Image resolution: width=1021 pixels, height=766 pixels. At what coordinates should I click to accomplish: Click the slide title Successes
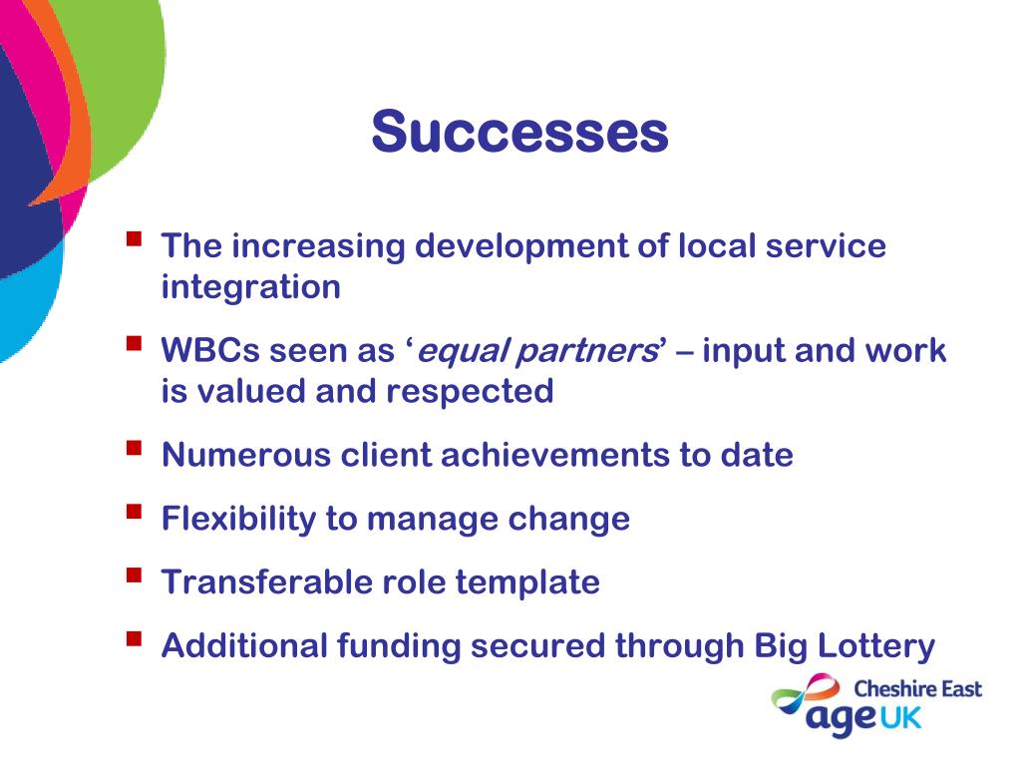[519, 131]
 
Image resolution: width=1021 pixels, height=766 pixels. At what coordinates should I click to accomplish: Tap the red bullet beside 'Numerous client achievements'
[135, 448]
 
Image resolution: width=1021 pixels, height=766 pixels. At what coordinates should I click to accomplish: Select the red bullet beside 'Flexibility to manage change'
[135, 512]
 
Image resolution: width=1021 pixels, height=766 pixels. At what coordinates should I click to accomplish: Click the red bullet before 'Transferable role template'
[135, 574]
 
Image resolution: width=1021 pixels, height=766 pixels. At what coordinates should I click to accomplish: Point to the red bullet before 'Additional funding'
[135, 638]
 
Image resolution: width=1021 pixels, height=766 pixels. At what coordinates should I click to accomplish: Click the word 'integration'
[250, 287]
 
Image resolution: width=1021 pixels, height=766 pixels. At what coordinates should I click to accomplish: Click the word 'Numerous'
[246, 455]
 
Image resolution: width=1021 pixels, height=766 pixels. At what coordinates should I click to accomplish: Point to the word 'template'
[527, 582]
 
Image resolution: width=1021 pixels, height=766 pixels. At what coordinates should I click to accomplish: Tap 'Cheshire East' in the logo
[917, 688]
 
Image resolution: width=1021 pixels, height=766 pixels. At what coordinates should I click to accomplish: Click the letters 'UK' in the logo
[901, 718]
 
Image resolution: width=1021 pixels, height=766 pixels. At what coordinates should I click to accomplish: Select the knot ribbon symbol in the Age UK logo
[806, 694]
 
